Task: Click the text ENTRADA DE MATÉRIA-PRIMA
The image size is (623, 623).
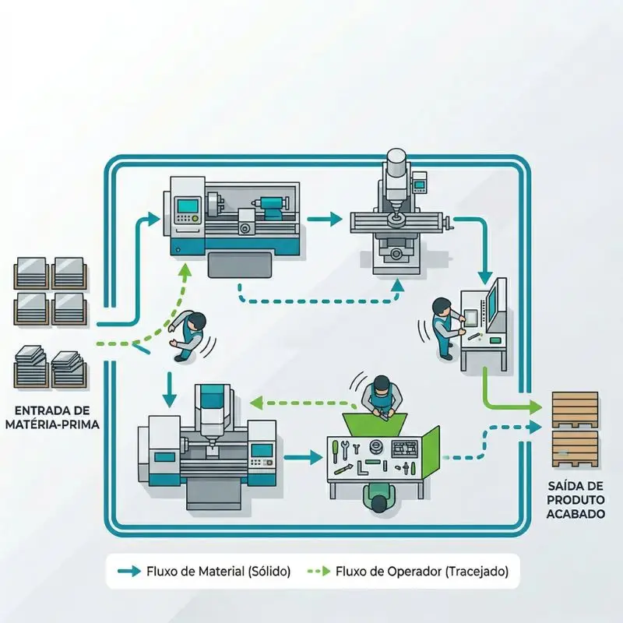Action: (52, 417)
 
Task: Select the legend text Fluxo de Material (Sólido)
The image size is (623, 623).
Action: (218, 571)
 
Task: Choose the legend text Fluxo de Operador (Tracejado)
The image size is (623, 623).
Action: (424, 571)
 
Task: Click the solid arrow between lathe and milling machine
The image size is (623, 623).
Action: (325, 220)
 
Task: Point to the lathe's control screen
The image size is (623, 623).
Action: (188, 206)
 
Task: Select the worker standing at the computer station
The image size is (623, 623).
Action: (442, 326)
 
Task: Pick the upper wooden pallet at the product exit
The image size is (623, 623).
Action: (575, 407)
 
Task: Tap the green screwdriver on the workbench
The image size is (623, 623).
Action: (336, 449)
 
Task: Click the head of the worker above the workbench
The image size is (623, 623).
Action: (380, 383)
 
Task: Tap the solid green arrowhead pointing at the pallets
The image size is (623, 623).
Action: (536, 407)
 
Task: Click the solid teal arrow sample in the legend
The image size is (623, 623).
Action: (128, 571)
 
